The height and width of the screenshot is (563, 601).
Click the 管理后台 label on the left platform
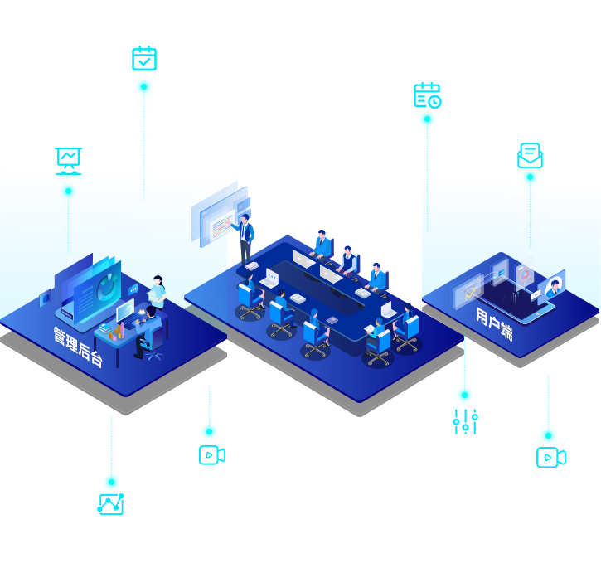tap(78, 347)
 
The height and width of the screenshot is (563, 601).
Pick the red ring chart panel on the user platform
tap(525, 272)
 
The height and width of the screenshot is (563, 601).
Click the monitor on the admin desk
tap(125, 310)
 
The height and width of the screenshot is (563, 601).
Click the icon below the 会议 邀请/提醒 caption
tap(529, 154)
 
